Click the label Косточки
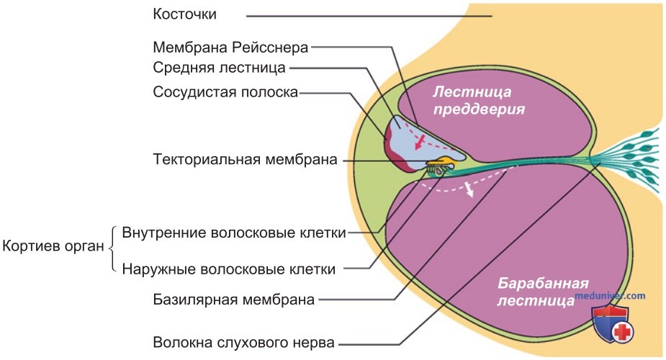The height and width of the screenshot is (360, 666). [x=184, y=14]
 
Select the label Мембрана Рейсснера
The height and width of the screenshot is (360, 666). [x=230, y=47]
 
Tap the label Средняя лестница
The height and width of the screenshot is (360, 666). [x=219, y=68]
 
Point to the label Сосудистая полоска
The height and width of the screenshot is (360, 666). [x=225, y=92]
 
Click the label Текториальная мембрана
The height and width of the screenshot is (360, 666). [x=245, y=160]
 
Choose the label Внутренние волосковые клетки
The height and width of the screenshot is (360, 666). [x=233, y=233]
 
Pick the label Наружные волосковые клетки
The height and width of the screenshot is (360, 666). [x=228, y=269]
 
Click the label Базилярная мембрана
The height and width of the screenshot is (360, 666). [x=233, y=300]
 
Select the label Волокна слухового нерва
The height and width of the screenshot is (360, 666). [x=244, y=342]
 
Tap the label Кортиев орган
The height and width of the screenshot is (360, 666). [x=53, y=246]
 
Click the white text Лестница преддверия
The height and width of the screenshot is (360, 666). [x=479, y=100]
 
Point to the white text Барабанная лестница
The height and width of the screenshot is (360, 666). [x=542, y=292]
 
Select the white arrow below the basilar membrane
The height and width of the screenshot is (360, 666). [x=469, y=189]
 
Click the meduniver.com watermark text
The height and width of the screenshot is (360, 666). [x=610, y=295]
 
